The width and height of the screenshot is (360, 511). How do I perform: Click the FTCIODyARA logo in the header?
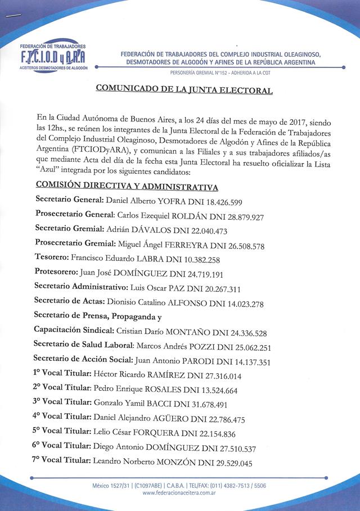[x=53, y=56]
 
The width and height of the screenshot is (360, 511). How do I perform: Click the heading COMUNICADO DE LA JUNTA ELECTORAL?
[x=184, y=89]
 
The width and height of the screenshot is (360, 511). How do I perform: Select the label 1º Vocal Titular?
[x=62, y=376]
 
